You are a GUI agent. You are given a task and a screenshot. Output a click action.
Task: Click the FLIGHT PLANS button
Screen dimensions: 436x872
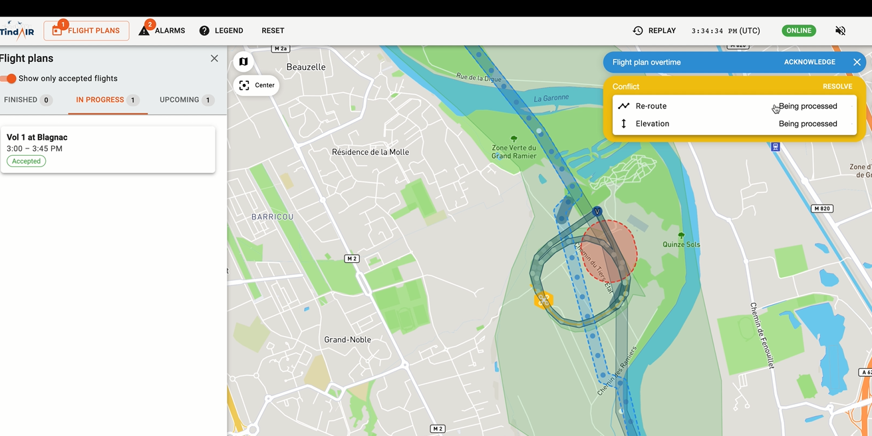(x=86, y=31)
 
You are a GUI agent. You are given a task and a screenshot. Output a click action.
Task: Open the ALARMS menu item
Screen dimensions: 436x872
(x=162, y=31)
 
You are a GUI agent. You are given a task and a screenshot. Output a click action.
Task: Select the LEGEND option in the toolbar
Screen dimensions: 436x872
(x=221, y=31)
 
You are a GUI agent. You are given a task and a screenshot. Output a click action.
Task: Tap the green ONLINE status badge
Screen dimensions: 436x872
(x=799, y=31)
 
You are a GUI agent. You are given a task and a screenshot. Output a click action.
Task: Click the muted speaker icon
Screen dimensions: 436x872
(x=841, y=31)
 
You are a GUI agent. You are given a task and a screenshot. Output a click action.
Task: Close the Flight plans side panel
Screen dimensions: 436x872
(x=214, y=59)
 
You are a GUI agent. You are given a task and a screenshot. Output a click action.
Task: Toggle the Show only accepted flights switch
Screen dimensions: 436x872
(x=9, y=79)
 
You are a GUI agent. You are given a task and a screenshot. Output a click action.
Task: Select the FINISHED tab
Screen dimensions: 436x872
(x=27, y=100)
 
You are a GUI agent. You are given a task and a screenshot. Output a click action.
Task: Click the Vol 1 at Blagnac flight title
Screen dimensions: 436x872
(x=37, y=137)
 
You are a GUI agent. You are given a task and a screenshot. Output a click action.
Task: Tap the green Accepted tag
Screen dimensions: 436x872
(x=27, y=161)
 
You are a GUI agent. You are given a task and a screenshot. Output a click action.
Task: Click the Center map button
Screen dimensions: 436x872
(x=257, y=85)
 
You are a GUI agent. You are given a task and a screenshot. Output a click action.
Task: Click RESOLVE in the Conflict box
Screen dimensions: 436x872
(x=837, y=87)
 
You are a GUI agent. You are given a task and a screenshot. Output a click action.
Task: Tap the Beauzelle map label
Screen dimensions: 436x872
(x=306, y=67)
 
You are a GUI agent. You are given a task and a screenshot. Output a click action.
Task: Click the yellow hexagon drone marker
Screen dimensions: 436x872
(x=543, y=300)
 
